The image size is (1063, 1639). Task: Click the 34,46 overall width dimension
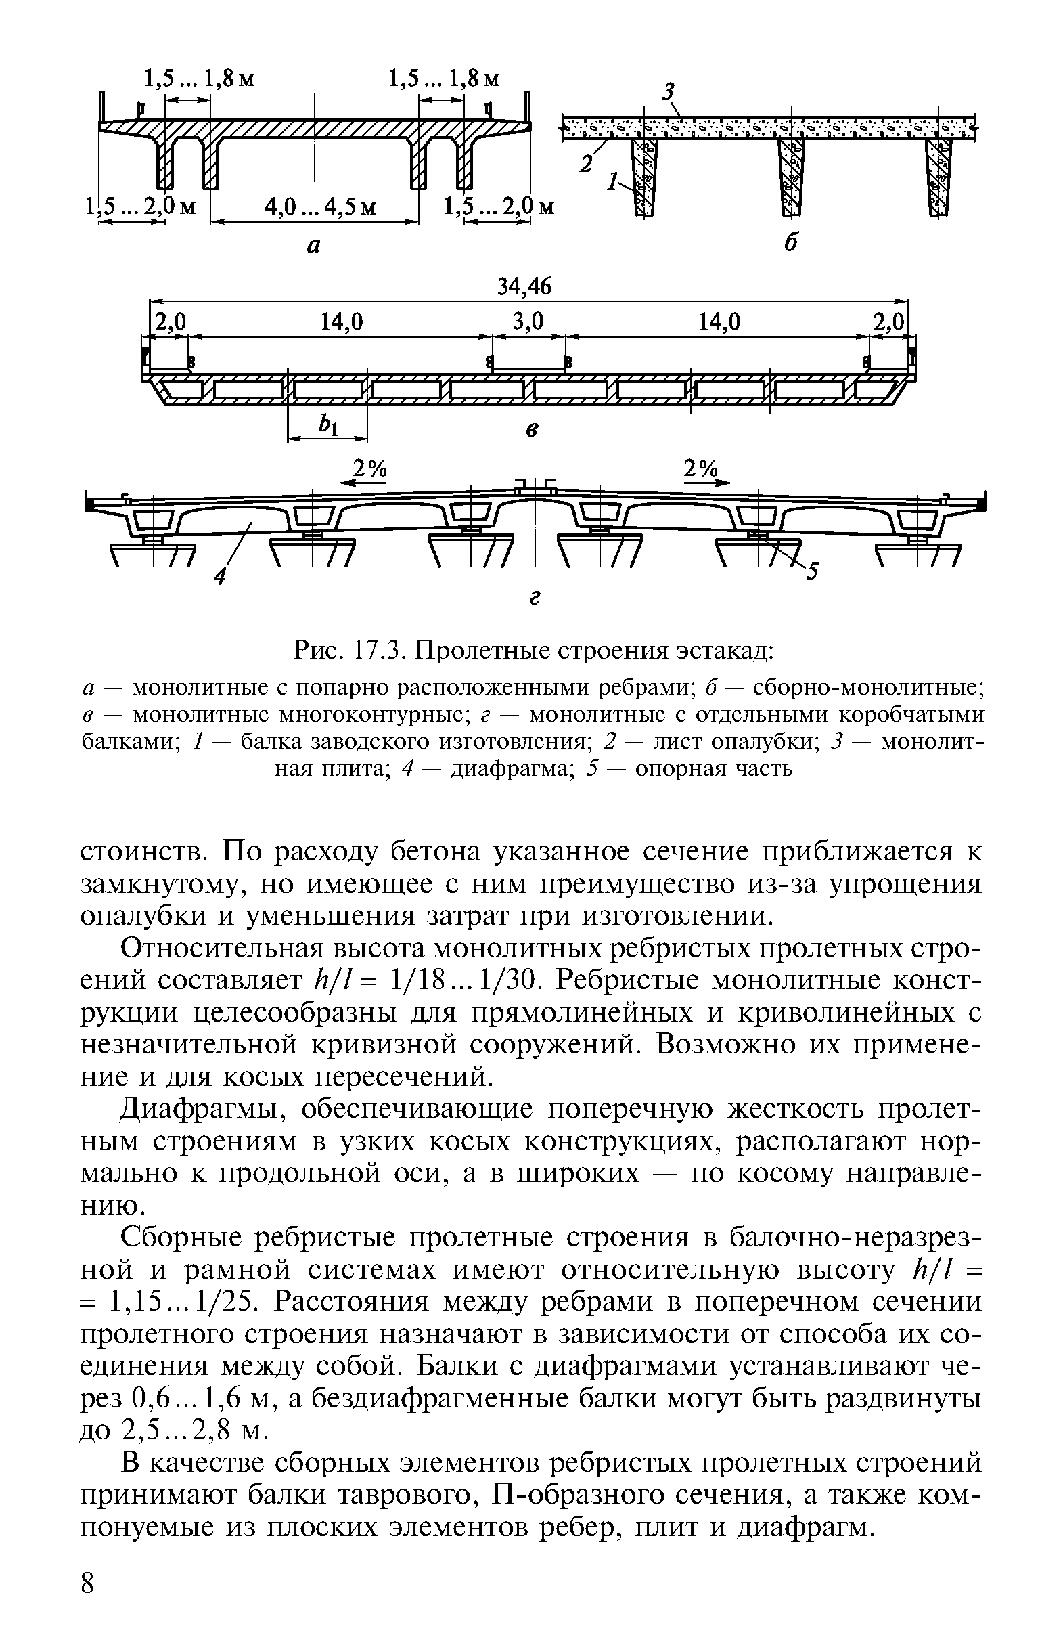tap(524, 287)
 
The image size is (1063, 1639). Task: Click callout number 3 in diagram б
tap(667, 91)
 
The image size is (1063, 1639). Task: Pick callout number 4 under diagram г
tap(219, 576)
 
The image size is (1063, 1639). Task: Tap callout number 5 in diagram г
tap(813, 571)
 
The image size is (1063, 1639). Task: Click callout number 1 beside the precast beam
tap(611, 182)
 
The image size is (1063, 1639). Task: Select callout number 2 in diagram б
tap(587, 163)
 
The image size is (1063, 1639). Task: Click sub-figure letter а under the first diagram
tap(313, 245)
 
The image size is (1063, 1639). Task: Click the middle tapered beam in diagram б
tap(791, 175)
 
